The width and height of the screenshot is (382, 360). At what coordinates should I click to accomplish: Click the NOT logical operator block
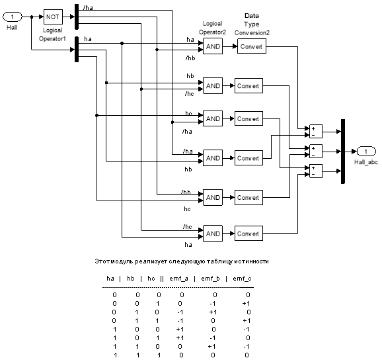coord(53,17)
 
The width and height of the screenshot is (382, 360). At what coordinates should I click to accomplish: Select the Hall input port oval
coord(12,17)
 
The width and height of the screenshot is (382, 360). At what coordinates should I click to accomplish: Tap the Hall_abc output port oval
coord(366,152)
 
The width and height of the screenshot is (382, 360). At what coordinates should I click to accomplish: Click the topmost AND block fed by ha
coord(213,46)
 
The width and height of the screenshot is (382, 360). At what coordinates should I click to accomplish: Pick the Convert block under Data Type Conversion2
coord(251,46)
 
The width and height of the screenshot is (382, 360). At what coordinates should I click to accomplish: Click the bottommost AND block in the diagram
coord(213,233)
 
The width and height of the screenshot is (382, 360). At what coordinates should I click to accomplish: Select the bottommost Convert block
coord(248,234)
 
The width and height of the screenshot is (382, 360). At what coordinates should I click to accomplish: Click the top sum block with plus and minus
coord(316,132)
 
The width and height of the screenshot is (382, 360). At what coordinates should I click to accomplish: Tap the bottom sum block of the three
coord(316,171)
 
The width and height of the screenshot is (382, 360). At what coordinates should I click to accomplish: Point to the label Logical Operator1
coord(52,34)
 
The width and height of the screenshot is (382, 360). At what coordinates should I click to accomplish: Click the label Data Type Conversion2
coord(252,24)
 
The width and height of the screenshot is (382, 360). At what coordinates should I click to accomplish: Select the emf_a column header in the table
coord(178,279)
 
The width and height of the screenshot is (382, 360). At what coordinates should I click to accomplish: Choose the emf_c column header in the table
coord(242,279)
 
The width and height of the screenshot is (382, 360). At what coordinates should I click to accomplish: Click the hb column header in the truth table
coord(131,279)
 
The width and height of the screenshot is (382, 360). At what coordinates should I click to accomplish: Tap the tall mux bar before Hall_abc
coord(343,152)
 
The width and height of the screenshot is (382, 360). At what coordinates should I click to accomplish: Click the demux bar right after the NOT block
coord(77,17)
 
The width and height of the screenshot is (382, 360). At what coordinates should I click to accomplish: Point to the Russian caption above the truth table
coord(182,261)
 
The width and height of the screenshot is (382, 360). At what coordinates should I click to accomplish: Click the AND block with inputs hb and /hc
coord(213,85)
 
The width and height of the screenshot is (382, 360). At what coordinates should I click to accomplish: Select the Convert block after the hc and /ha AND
coord(248,118)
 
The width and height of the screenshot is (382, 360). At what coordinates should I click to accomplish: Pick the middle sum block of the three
coord(316,152)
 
